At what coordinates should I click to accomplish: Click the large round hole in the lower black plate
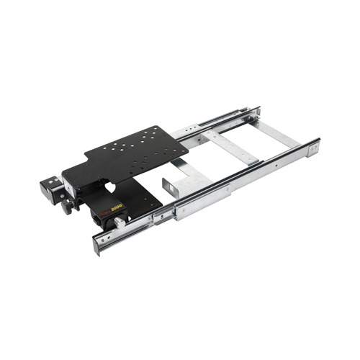109,186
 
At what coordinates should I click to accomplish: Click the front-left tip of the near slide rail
96,245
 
